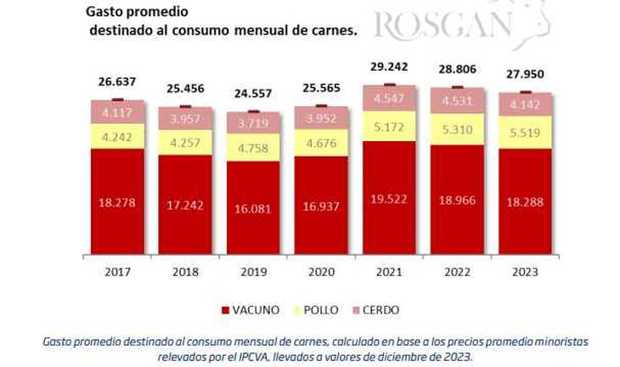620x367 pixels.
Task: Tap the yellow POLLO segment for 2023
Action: [x=525, y=133]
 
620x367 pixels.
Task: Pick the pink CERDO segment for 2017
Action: [x=117, y=111]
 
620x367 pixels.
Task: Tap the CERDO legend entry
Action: [x=379, y=310]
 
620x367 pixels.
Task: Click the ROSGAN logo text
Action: [x=442, y=25]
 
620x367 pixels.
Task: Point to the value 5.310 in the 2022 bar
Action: [x=457, y=131]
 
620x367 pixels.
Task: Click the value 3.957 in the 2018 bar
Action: [x=185, y=118]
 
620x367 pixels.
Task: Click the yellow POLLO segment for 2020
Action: [x=321, y=141]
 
